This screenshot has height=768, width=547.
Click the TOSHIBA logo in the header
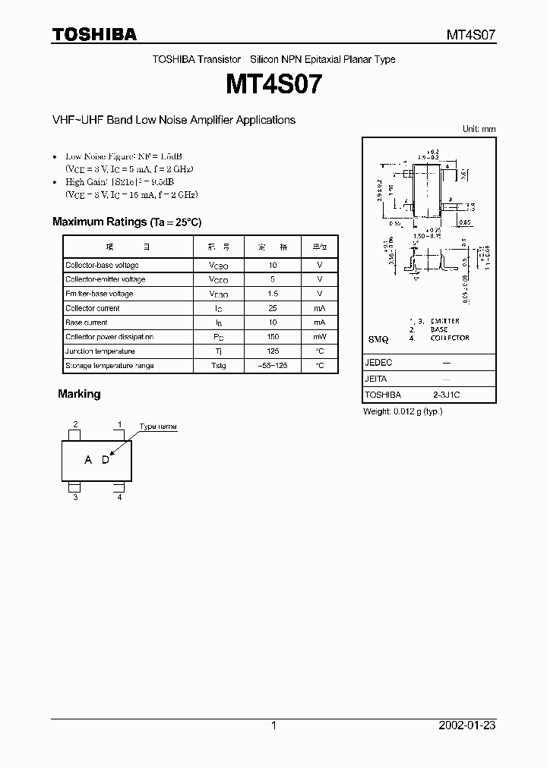click(94, 34)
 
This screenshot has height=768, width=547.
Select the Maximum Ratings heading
click(127, 222)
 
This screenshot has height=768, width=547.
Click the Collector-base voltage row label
click(102, 266)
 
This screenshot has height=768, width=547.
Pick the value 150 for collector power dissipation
click(273, 337)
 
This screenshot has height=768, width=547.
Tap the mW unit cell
click(320, 337)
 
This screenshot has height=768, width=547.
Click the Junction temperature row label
click(100, 351)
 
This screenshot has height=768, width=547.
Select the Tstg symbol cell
click(218, 366)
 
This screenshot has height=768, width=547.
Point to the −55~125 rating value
click(273, 366)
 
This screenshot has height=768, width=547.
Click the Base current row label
click(87, 323)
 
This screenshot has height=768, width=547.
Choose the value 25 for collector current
click(273, 308)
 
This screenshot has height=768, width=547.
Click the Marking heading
click(79, 395)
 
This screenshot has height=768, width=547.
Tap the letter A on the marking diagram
click(88, 460)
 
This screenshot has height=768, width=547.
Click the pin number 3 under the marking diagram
click(75, 497)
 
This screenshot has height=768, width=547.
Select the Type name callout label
click(158, 426)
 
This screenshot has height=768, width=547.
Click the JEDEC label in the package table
click(379, 363)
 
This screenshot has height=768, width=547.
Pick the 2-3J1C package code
click(447, 395)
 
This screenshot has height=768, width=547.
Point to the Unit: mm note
click(479, 130)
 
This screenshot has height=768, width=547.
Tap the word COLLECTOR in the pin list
click(450, 338)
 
